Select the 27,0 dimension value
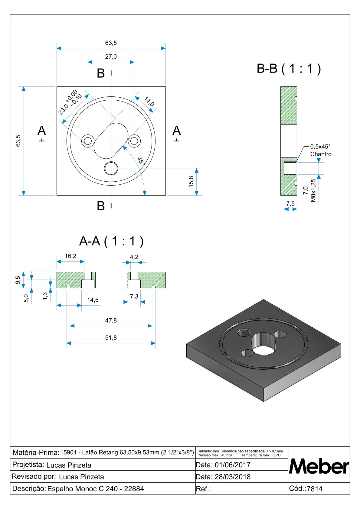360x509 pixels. click(x=111, y=57)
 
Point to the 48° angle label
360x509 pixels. click(x=141, y=161)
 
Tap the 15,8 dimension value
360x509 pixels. click(x=191, y=182)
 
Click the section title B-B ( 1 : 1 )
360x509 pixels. click(x=289, y=69)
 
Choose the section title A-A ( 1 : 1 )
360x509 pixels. click(x=111, y=242)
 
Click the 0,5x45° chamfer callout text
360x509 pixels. click(x=320, y=147)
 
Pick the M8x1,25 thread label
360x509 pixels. click(x=313, y=190)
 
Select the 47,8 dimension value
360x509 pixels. click(x=111, y=320)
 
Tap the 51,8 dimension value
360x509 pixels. click(x=111, y=338)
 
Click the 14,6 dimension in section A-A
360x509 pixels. click(x=93, y=300)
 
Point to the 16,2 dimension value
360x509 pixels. click(x=70, y=256)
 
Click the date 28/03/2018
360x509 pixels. click(x=232, y=477)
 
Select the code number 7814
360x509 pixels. click(x=314, y=489)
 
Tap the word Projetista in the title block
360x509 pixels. click(x=28, y=465)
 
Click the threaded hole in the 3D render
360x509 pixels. click(x=244, y=333)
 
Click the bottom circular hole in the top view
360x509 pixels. click(x=111, y=168)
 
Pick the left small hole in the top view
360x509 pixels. click(x=88, y=141)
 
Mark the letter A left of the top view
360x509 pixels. click(x=42, y=131)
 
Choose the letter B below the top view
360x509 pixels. click(x=101, y=206)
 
